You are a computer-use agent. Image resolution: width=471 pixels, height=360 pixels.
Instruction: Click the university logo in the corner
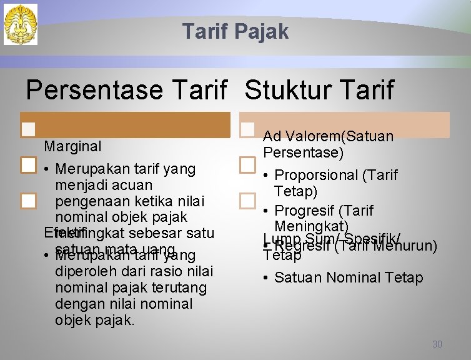pos(21,24)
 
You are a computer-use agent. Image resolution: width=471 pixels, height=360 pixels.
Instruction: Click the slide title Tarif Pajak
pos(235,31)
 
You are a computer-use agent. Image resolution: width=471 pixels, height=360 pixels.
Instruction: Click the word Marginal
pos(72,146)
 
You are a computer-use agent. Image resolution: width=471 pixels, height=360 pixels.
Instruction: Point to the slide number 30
pos(437,344)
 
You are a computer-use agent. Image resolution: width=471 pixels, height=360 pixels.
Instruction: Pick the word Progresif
pos(305,211)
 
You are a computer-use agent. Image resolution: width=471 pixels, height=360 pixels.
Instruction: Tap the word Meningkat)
pos(311,226)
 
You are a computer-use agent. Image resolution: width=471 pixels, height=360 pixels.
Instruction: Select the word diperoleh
pos(84,272)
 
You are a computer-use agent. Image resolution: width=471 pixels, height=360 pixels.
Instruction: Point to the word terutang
pos(186,288)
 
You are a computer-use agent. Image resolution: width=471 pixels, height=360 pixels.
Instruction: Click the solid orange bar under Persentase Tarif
pos(125,125)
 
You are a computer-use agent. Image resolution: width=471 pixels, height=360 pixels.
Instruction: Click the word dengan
pos(77,304)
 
